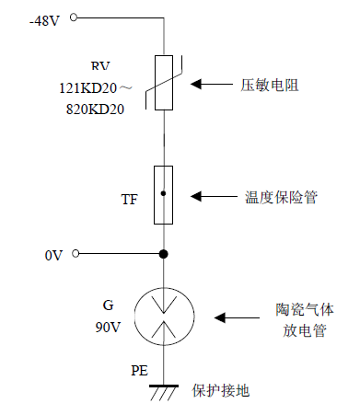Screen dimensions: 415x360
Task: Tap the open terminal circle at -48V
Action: (75, 17)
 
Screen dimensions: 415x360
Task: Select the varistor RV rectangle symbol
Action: (165, 82)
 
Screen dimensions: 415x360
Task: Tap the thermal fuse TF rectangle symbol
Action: (164, 195)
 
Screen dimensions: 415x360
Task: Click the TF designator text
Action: (130, 199)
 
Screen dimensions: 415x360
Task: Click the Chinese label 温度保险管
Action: (281, 197)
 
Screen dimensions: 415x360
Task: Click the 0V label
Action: (52, 255)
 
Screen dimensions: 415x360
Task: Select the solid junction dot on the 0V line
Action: (164, 254)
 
